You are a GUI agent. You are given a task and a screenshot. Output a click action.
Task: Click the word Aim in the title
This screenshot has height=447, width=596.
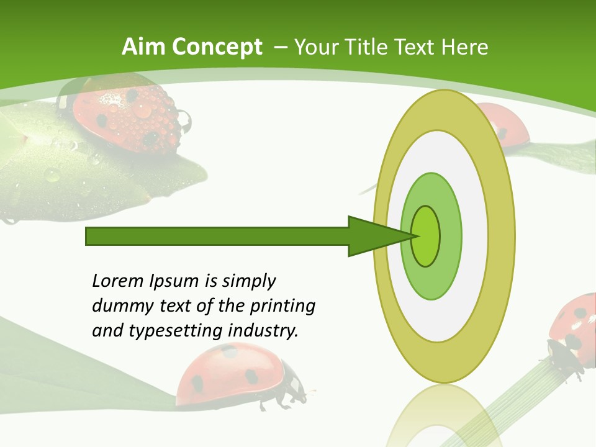tap(142, 47)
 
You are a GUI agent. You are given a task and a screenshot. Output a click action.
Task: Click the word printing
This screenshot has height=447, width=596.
tap(282, 307)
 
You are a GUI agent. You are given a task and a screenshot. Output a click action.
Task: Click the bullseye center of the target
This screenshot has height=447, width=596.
tap(426, 236)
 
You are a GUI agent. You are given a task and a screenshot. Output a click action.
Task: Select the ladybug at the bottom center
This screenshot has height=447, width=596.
tap(236, 376)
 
